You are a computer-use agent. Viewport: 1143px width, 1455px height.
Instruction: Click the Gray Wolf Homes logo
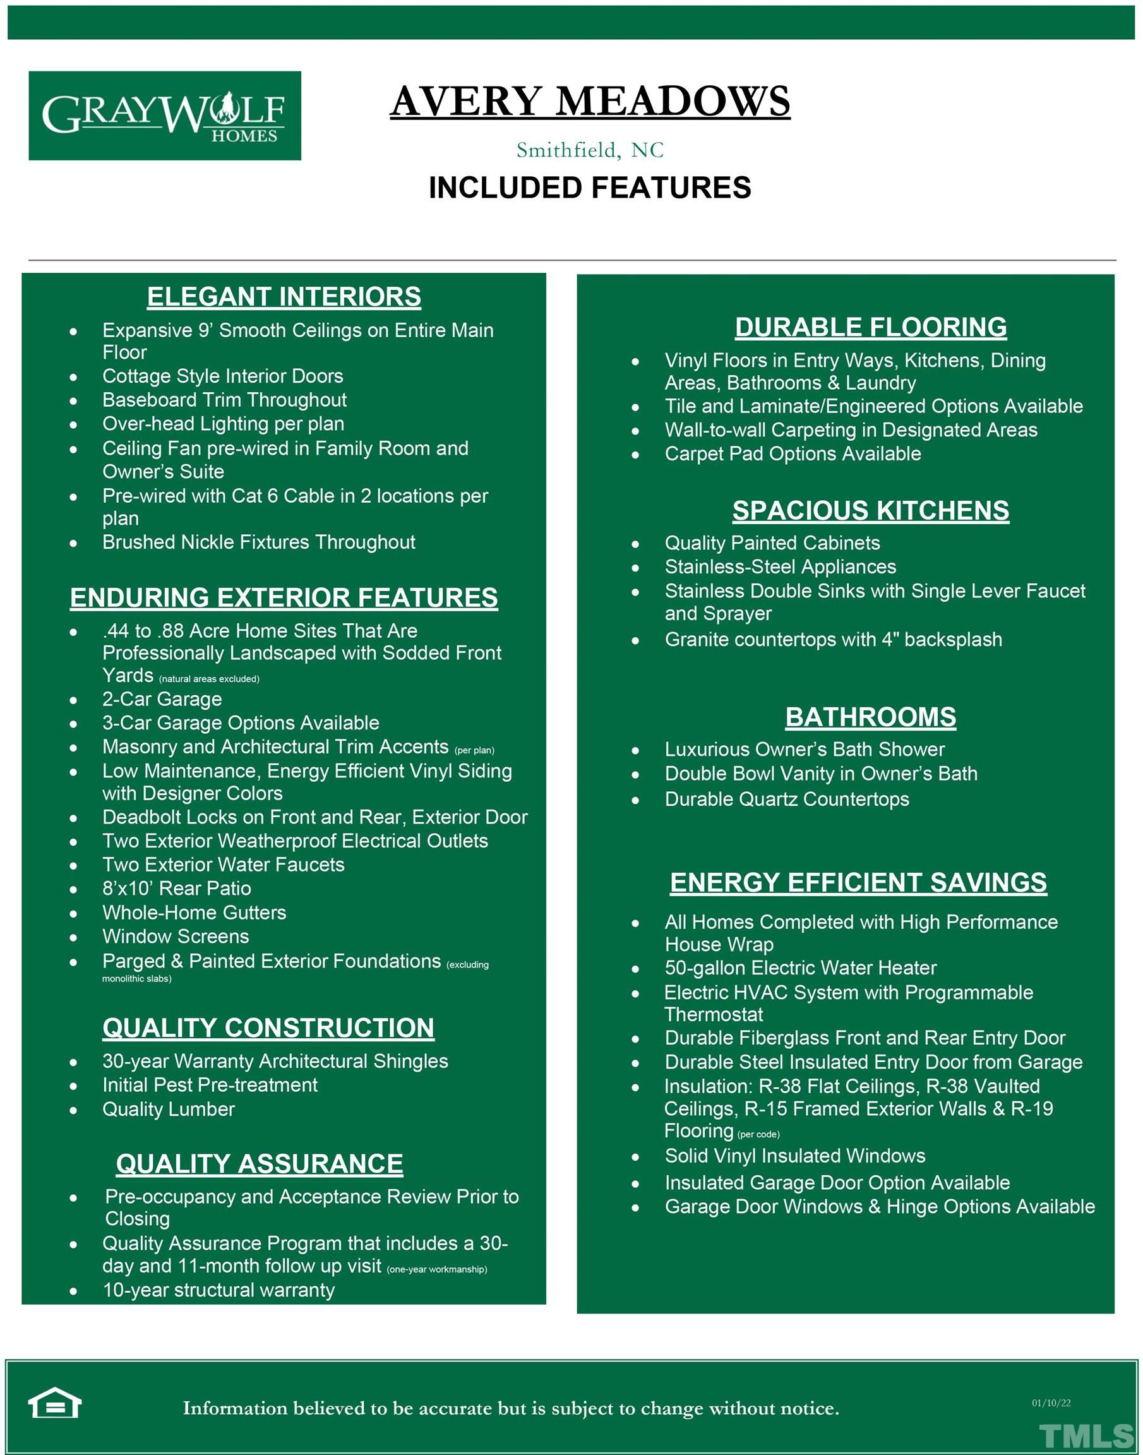click(x=165, y=116)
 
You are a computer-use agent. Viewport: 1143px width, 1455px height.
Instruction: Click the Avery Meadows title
click(x=590, y=101)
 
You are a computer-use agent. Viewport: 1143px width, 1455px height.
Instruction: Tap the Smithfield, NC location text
click(x=590, y=150)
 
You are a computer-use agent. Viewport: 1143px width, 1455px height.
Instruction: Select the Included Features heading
click(x=590, y=188)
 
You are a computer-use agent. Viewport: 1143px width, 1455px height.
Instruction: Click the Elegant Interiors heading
click(x=284, y=296)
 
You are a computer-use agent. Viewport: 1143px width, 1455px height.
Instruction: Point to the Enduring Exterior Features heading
click(x=284, y=597)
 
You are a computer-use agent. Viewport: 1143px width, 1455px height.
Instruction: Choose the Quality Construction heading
click(x=268, y=1028)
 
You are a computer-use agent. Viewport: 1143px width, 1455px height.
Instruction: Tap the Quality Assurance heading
click(x=260, y=1164)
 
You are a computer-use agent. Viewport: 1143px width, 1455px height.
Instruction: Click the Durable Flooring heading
click(x=871, y=327)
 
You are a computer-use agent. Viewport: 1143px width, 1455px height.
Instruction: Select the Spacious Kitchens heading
click(x=871, y=511)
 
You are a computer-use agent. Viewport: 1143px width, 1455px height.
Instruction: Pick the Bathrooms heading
click(x=871, y=717)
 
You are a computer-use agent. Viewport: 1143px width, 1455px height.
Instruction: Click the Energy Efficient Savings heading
click(x=859, y=882)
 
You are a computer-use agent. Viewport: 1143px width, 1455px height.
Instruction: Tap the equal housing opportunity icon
click(x=54, y=1403)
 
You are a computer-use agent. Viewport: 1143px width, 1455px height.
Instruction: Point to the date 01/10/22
click(x=1051, y=1403)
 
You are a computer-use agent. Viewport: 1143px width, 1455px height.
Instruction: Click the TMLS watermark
click(x=1086, y=1436)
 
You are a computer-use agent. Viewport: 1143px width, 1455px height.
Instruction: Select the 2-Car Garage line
click(x=162, y=699)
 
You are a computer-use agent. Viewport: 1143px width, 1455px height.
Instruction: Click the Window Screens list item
click(x=176, y=937)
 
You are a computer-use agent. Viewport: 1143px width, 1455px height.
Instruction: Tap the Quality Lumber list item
click(x=169, y=1109)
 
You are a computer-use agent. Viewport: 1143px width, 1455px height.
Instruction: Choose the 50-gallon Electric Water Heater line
click(x=800, y=967)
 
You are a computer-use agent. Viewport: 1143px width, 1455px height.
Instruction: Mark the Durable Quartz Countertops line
click(x=787, y=799)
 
